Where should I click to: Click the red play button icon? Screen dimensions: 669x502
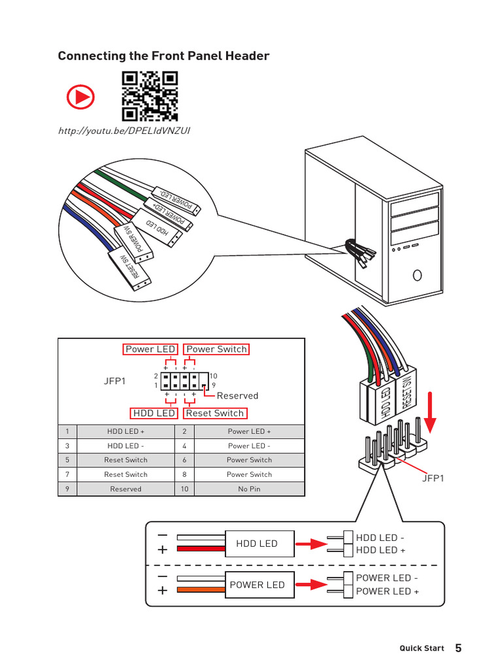[x=80, y=98]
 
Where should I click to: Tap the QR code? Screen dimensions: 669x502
[x=150, y=95]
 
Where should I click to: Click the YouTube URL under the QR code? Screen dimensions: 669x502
[x=124, y=131]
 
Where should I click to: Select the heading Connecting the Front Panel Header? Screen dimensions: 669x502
[x=163, y=56]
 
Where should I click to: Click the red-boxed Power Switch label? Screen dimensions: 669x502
[x=216, y=349]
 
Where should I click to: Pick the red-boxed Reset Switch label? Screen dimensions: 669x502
[x=215, y=413]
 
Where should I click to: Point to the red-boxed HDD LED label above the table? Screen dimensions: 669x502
[x=154, y=413]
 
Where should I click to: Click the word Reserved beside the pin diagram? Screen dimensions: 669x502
[x=237, y=395]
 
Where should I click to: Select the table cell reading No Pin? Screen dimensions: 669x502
[x=249, y=489]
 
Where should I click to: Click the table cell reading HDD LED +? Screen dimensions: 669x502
[x=125, y=431]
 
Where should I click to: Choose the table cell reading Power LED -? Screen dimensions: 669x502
[x=249, y=446]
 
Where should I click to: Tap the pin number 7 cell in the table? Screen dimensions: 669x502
[x=67, y=474]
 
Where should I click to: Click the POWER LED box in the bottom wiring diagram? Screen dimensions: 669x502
[x=257, y=585]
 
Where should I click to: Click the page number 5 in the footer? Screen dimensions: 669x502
[x=458, y=648]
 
